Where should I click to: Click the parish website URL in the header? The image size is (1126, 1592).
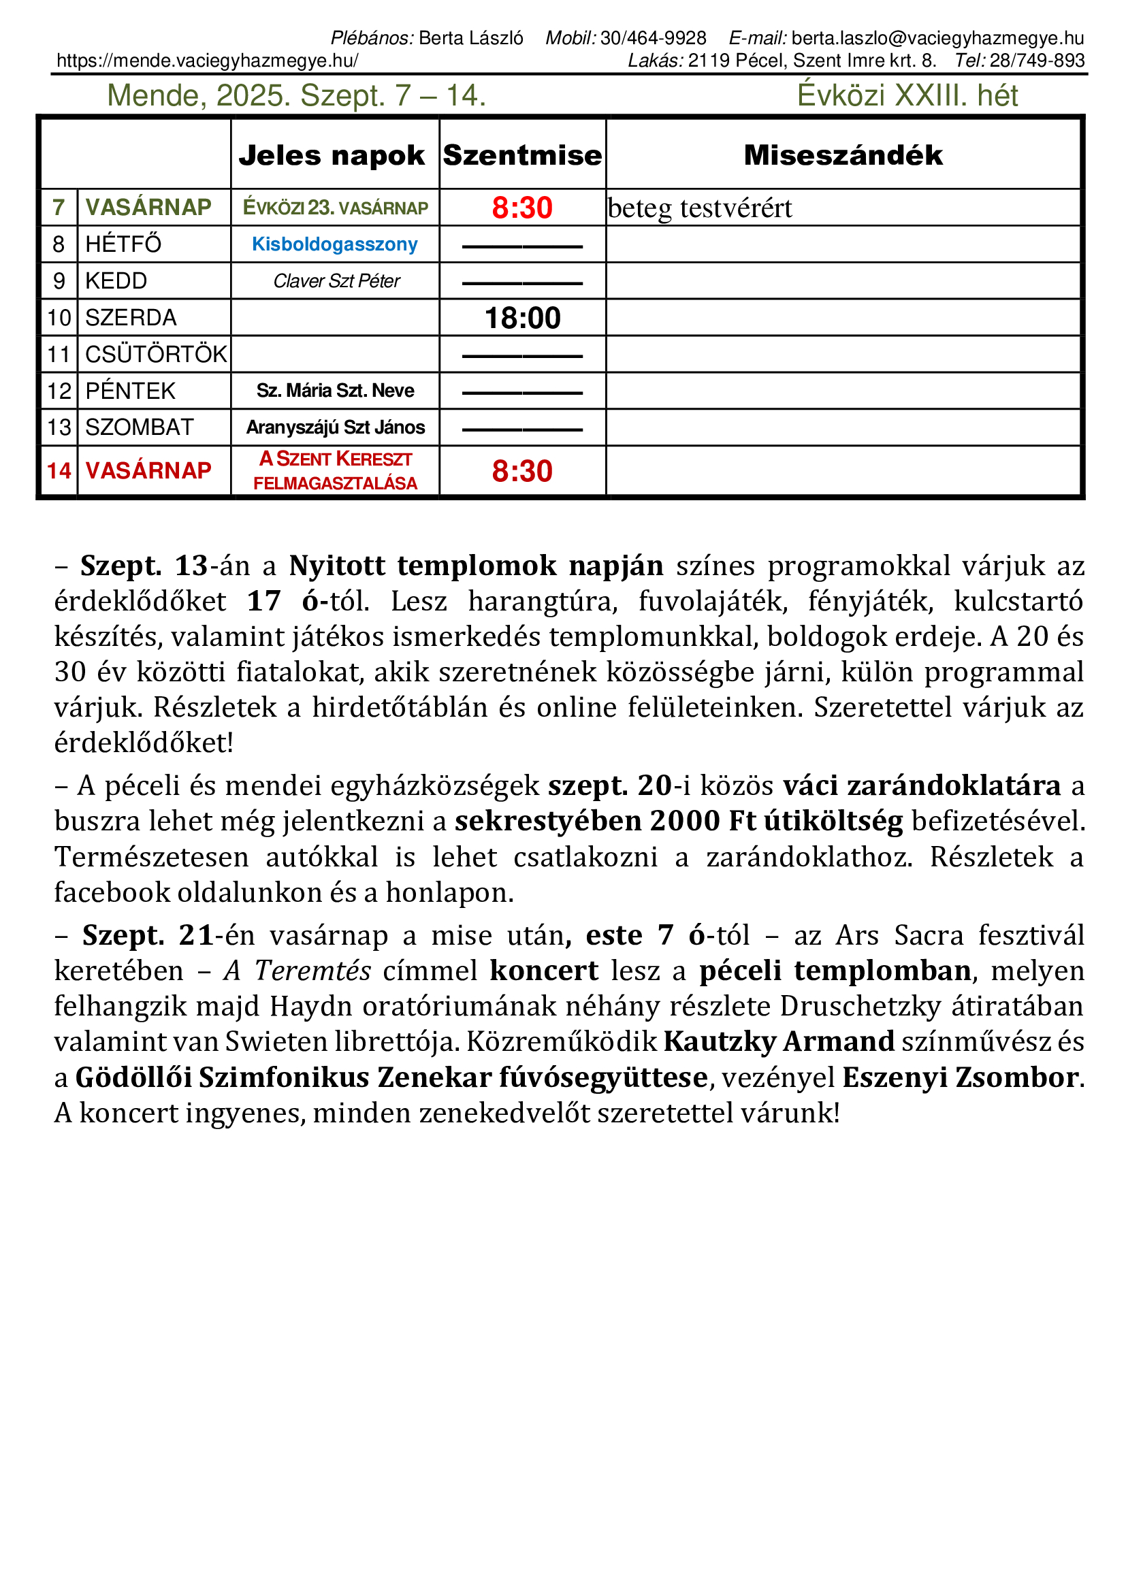tap(208, 61)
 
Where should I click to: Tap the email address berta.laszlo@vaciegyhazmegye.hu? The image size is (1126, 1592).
tap(937, 38)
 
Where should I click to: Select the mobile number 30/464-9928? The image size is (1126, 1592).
tap(653, 38)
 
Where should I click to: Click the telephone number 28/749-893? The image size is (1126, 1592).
tap(1037, 61)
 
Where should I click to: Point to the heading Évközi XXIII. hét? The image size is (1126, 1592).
tap(907, 96)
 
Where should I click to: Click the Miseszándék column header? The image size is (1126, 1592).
tap(843, 155)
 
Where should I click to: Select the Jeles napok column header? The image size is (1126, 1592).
tap(332, 155)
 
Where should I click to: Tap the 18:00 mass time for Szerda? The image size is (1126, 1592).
tap(522, 319)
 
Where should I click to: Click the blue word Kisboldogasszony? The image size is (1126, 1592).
tap(334, 244)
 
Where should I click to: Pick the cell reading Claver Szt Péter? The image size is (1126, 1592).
tap(336, 281)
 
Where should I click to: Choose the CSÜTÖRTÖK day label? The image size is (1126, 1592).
tap(156, 355)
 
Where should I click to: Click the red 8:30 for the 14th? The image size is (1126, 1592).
tap(522, 472)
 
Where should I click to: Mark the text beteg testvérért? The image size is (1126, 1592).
tap(700, 208)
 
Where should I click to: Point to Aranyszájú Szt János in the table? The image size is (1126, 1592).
tap(336, 428)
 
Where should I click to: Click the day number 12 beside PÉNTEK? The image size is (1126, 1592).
tap(59, 391)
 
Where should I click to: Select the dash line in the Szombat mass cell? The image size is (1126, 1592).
tap(522, 430)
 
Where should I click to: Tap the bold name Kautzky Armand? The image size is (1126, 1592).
tap(779, 1041)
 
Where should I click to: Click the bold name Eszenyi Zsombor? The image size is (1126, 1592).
tap(961, 1077)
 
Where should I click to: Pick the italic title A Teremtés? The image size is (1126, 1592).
tap(297, 971)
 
